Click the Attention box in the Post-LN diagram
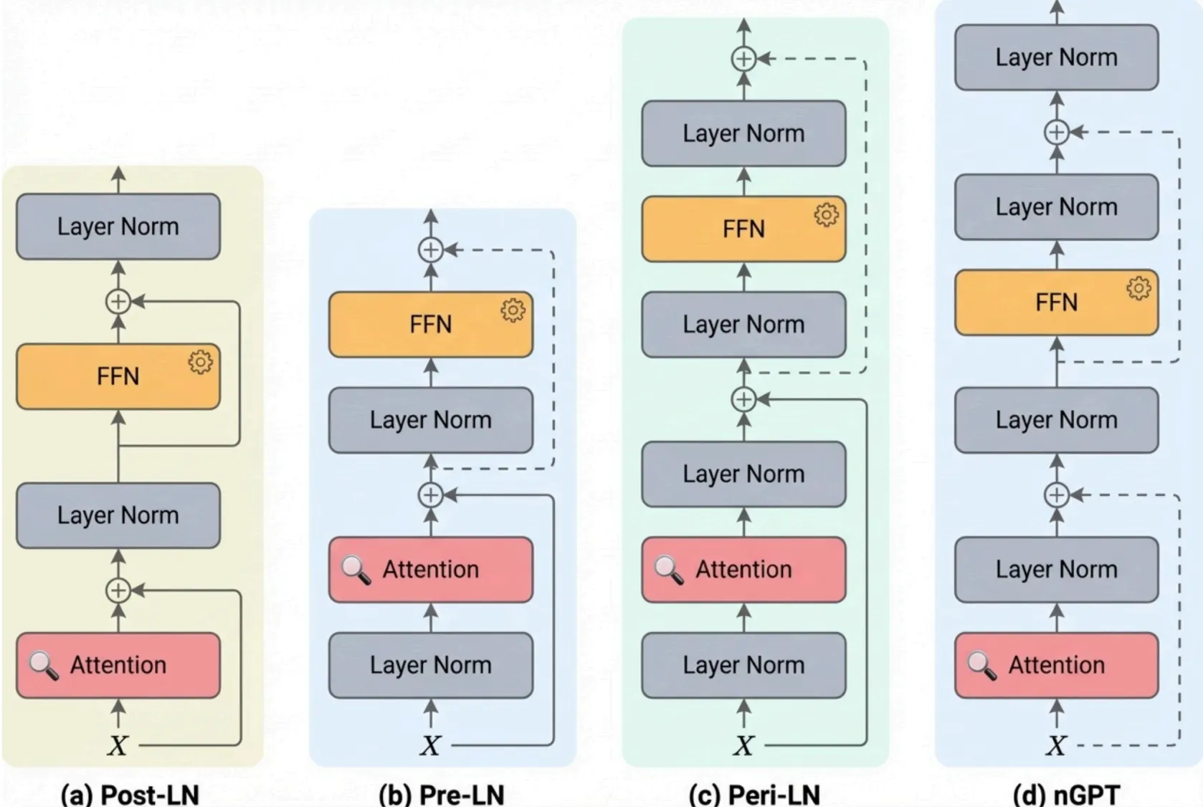pos(118,665)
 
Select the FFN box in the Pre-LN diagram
pos(430,325)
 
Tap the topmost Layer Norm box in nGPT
pos(1056,57)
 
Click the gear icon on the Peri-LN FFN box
pos(826,215)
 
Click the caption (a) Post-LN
pos(130,794)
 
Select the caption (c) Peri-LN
pos(754,794)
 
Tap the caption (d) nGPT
pos(1066,794)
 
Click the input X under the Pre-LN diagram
pos(430,746)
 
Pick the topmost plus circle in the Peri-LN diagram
pos(743,59)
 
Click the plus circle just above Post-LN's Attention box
pos(118,591)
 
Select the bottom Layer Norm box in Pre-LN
pos(430,665)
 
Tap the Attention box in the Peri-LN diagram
pos(743,570)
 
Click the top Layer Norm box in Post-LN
pos(118,226)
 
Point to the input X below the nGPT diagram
pos(1055,746)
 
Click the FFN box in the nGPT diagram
pos(1056,302)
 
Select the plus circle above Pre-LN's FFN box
pos(430,250)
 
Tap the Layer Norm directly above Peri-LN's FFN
pos(743,133)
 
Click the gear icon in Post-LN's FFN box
pos(200,362)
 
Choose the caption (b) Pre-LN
pos(442,794)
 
